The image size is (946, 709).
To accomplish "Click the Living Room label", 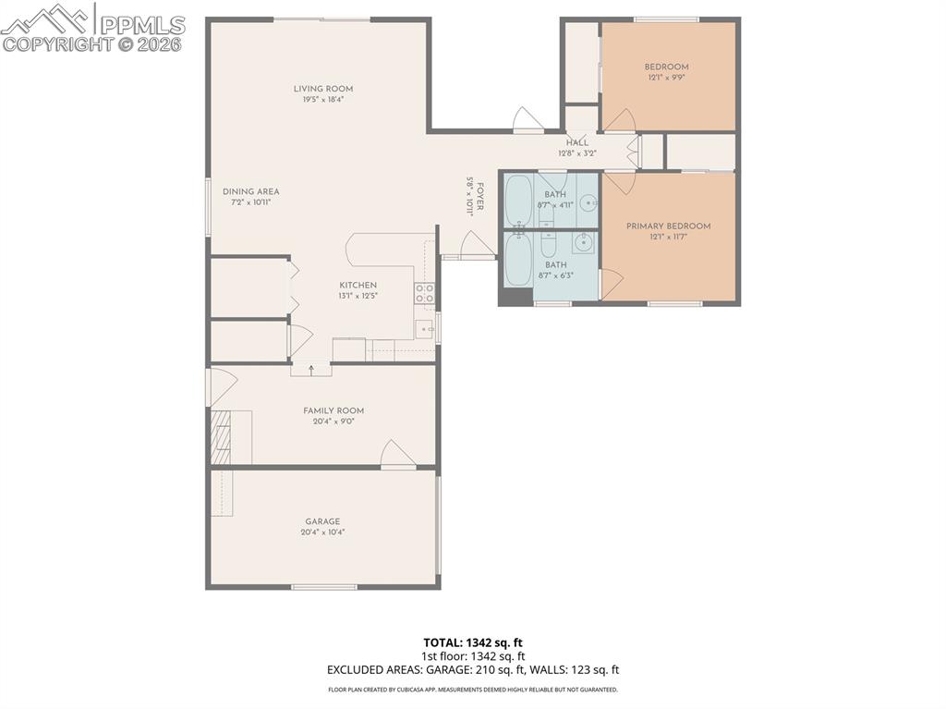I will [323, 89].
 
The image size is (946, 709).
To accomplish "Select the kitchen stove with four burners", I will [425, 294].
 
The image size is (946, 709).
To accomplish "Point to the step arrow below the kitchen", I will [311, 370].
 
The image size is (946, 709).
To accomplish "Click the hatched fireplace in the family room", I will [220, 436].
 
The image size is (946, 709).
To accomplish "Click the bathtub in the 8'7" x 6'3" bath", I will [518, 260].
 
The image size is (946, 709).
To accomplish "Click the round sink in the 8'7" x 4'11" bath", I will [588, 203].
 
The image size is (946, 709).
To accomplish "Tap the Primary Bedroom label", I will [669, 226].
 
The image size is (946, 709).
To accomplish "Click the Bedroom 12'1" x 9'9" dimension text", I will [666, 78].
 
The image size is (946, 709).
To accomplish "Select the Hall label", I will [577, 142].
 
